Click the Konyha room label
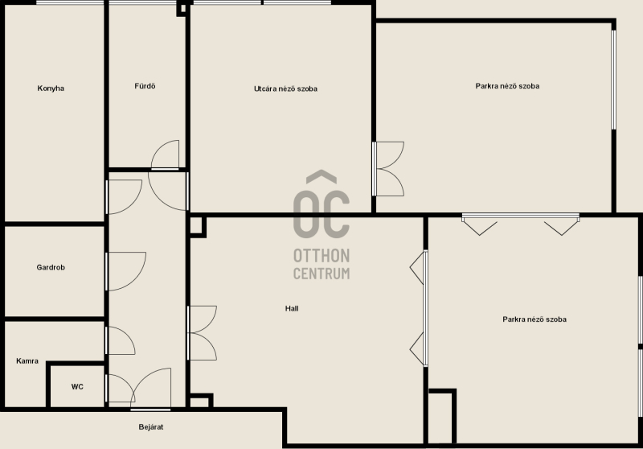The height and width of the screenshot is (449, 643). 51,89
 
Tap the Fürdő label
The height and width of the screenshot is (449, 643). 145,86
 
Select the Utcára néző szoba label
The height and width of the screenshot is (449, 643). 285,89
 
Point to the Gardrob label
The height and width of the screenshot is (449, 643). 51,268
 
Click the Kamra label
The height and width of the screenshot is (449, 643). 27,361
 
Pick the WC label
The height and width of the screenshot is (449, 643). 77,386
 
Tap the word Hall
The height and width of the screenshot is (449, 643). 292,308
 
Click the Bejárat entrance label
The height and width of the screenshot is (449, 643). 151,426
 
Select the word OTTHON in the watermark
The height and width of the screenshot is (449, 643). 321,256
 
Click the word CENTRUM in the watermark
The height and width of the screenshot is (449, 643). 321,274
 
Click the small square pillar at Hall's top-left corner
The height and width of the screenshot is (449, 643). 197,227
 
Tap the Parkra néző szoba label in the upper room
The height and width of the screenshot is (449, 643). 507,86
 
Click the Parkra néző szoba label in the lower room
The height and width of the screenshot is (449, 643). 534,319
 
